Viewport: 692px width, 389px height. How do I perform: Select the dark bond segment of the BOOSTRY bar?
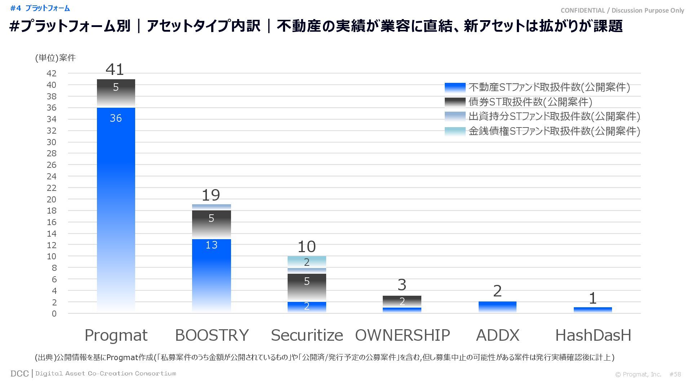click(211, 224)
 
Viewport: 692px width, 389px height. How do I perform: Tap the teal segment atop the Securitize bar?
click(307, 262)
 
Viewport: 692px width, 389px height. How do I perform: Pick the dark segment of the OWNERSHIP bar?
click(402, 301)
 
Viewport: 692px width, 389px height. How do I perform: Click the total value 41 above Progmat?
click(115, 70)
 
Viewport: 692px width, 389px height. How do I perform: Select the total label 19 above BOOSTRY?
click(211, 195)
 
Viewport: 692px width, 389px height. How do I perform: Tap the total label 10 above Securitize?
click(307, 247)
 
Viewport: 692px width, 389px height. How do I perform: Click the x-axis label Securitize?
click(307, 335)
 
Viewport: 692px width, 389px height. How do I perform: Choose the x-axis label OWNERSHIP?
click(402, 335)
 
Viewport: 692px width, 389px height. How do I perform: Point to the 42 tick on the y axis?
click(52, 73)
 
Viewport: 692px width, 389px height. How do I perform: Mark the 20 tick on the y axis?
click(52, 200)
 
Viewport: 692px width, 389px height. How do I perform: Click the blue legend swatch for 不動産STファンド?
click(455, 88)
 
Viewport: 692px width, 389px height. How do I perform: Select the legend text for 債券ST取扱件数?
click(530, 102)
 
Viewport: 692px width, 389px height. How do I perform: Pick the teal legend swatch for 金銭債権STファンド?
click(455, 131)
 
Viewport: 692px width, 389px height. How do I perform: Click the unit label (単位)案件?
click(55, 58)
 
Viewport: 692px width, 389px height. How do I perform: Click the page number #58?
click(675, 375)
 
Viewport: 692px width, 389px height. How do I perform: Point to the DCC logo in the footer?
click(19, 374)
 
